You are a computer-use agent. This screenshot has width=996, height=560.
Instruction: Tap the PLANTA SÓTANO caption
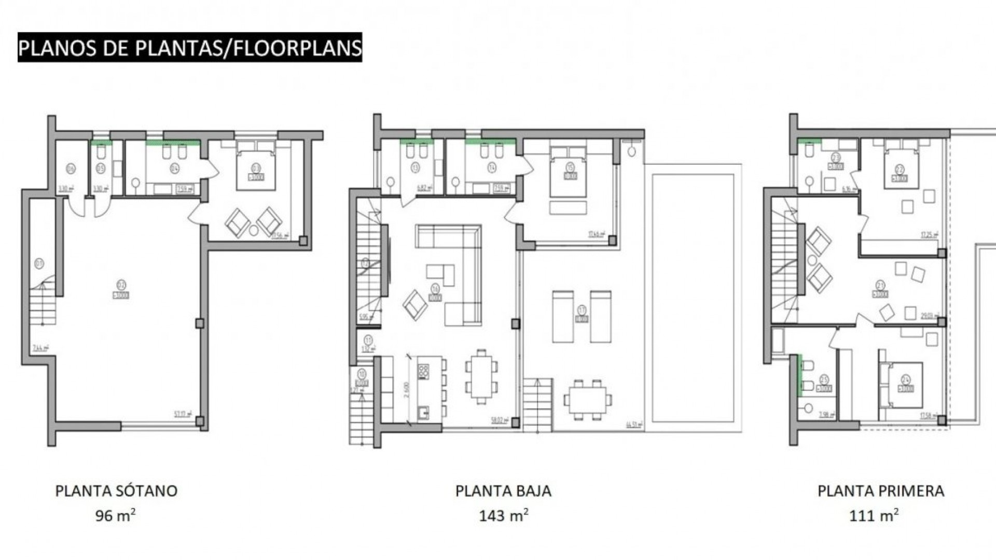click(x=116, y=491)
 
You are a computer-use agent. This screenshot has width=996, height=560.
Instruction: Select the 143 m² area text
click(x=503, y=516)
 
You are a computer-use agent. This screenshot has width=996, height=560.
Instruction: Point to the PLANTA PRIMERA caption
click(x=881, y=491)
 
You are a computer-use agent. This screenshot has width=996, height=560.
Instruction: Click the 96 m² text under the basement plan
click(x=115, y=516)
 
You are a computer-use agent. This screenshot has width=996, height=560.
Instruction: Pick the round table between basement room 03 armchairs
click(x=254, y=230)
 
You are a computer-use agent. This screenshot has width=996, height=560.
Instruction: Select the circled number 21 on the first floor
click(x=880, y=285)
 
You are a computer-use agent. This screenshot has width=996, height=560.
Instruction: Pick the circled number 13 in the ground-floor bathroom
click(x=415, y=167)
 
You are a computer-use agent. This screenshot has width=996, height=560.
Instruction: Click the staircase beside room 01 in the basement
click(x=43, y=306)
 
